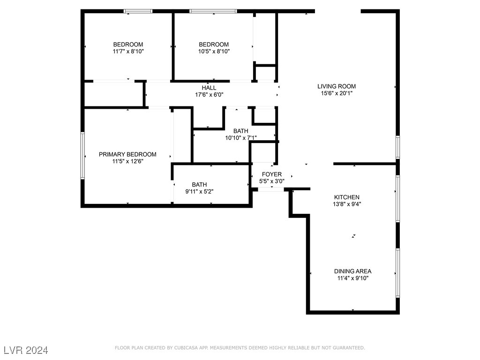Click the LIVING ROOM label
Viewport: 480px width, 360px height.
336,86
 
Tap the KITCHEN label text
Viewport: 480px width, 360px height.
346,197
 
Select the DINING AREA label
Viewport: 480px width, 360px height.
352,271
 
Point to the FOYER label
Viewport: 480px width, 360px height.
271,174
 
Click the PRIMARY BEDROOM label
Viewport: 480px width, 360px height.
127,155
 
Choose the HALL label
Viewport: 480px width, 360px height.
209,88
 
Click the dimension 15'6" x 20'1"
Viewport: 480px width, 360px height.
336,93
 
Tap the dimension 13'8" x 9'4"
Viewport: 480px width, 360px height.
347,204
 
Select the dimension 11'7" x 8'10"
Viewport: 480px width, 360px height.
128,52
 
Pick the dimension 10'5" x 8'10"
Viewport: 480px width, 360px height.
214,52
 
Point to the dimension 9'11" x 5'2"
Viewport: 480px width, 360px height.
199,191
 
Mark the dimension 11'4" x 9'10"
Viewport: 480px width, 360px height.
352,278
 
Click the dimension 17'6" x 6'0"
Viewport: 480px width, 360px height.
209,94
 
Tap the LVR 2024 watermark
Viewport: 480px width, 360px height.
26,350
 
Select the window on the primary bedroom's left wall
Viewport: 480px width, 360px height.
82,155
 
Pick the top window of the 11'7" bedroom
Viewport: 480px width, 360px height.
138,11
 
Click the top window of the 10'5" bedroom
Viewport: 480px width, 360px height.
213,11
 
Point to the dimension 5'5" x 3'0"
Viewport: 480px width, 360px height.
272,181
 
